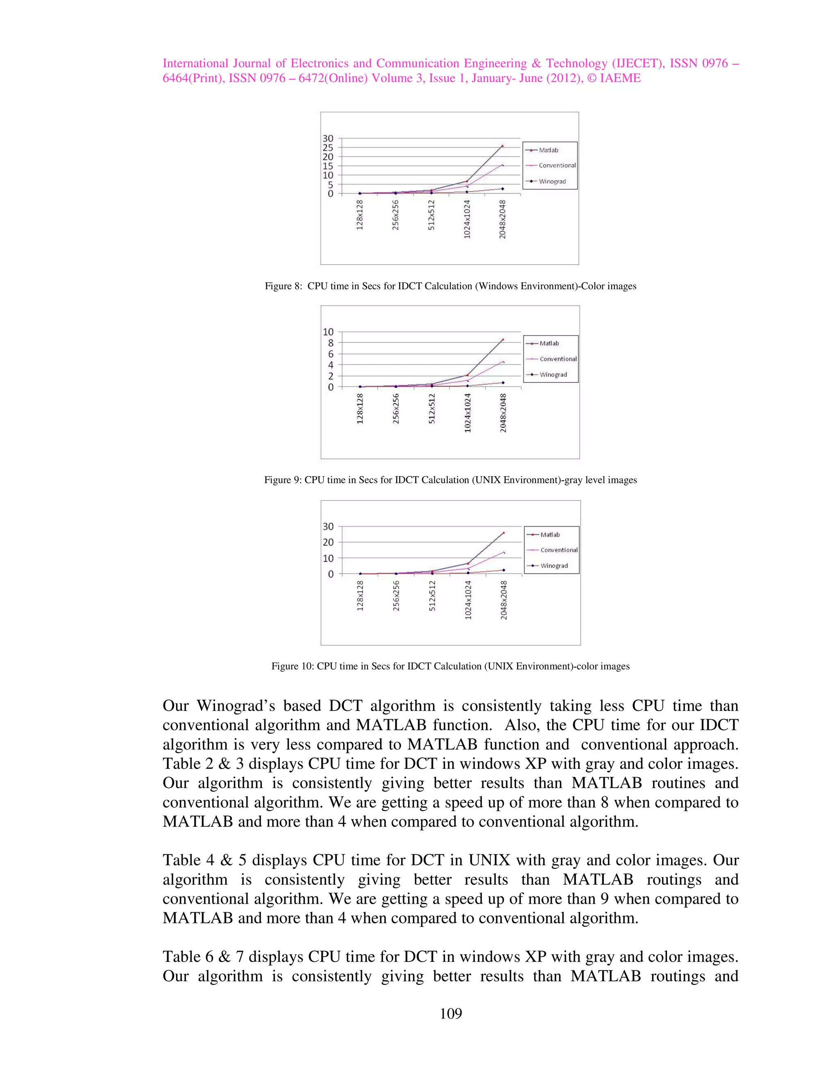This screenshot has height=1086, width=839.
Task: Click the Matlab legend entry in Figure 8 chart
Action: tap(548, 150)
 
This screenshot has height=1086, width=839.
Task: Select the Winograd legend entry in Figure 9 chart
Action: tap(553, 375)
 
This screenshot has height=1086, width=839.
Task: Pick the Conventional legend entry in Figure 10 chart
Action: tap(559, 550)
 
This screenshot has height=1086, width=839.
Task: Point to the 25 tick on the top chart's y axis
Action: tap(328, 148)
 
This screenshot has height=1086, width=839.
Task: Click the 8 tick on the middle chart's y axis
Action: tap(331, 343)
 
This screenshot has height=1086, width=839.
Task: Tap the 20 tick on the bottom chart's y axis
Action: tap(328, 543)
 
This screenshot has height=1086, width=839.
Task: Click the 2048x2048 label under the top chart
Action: tap(503, 219)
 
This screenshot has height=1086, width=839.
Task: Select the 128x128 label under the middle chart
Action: tap(360, 409)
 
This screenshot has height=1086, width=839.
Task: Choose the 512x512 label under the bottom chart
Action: tap(432, 596)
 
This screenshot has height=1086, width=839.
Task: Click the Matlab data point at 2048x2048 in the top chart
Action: tap(503, 146)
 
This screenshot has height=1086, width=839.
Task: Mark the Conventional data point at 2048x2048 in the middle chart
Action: tap(503, 361)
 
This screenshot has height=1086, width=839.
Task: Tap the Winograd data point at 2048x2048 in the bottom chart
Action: tap(503, 570)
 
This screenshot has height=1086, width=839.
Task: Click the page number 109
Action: tap(451, 1013)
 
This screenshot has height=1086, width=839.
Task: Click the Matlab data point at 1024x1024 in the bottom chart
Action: tap(468, 563)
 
